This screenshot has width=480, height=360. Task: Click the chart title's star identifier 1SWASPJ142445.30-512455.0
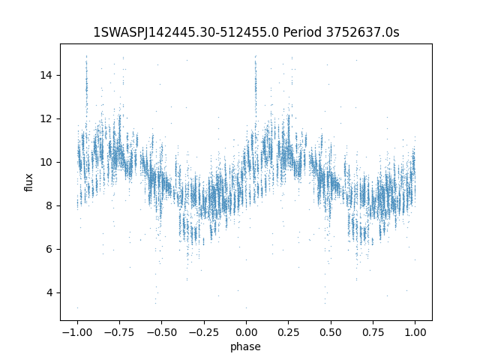(186, 32)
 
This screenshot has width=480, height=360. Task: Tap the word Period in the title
(302, 31)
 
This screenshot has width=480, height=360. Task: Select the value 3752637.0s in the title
(362, 31)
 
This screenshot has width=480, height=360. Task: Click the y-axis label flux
(28, 182)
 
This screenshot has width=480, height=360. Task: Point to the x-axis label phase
(245, 346)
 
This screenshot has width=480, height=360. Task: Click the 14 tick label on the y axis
(46, 75)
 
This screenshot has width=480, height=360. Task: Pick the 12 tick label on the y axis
(46, 118)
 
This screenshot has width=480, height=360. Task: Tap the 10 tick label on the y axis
(46, 162)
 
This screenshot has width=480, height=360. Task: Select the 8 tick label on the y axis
(49, 205)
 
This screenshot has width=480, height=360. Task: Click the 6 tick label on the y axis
(49, 249)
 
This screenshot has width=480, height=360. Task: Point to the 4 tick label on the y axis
(49, 292)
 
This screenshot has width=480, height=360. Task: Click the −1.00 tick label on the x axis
(77, 332)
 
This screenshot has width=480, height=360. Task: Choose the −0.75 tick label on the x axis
(119, 332)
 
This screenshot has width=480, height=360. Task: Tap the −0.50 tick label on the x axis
(162, 332)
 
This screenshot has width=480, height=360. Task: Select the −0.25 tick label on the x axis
(204, 332)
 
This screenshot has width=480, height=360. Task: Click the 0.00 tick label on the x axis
(246, 332)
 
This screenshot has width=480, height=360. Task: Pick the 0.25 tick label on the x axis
(288, 332)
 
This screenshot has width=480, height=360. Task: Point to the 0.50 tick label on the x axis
(331, 332)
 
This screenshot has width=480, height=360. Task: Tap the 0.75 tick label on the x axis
(373, 332)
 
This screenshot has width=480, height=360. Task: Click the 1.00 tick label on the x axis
(415, 332)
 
